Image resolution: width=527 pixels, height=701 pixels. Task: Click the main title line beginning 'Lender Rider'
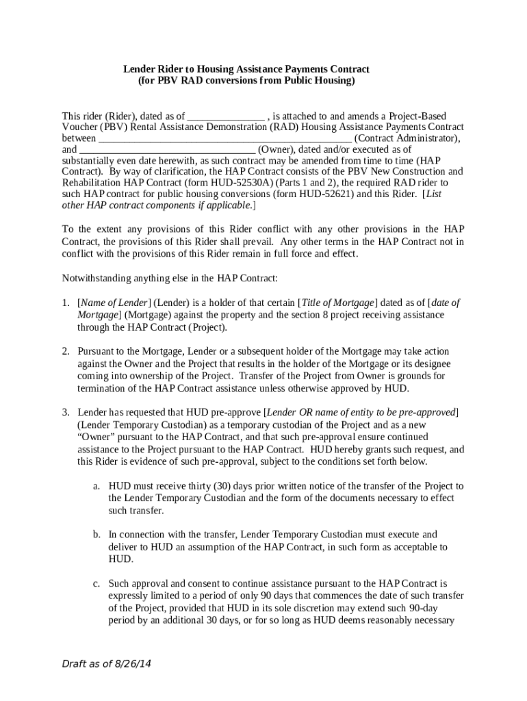(246, 69)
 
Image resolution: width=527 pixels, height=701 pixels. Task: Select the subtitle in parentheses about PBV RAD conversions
(246, 80)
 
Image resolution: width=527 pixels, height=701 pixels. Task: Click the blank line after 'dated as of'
(226, 116)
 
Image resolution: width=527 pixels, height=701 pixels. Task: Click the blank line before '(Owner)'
(168, 149)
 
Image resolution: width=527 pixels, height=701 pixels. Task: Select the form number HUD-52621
(323, 194)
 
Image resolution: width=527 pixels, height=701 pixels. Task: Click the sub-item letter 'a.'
(97, 486)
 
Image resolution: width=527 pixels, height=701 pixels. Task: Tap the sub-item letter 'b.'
(97, 535)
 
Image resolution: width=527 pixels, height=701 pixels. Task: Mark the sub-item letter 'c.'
(97, 584)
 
